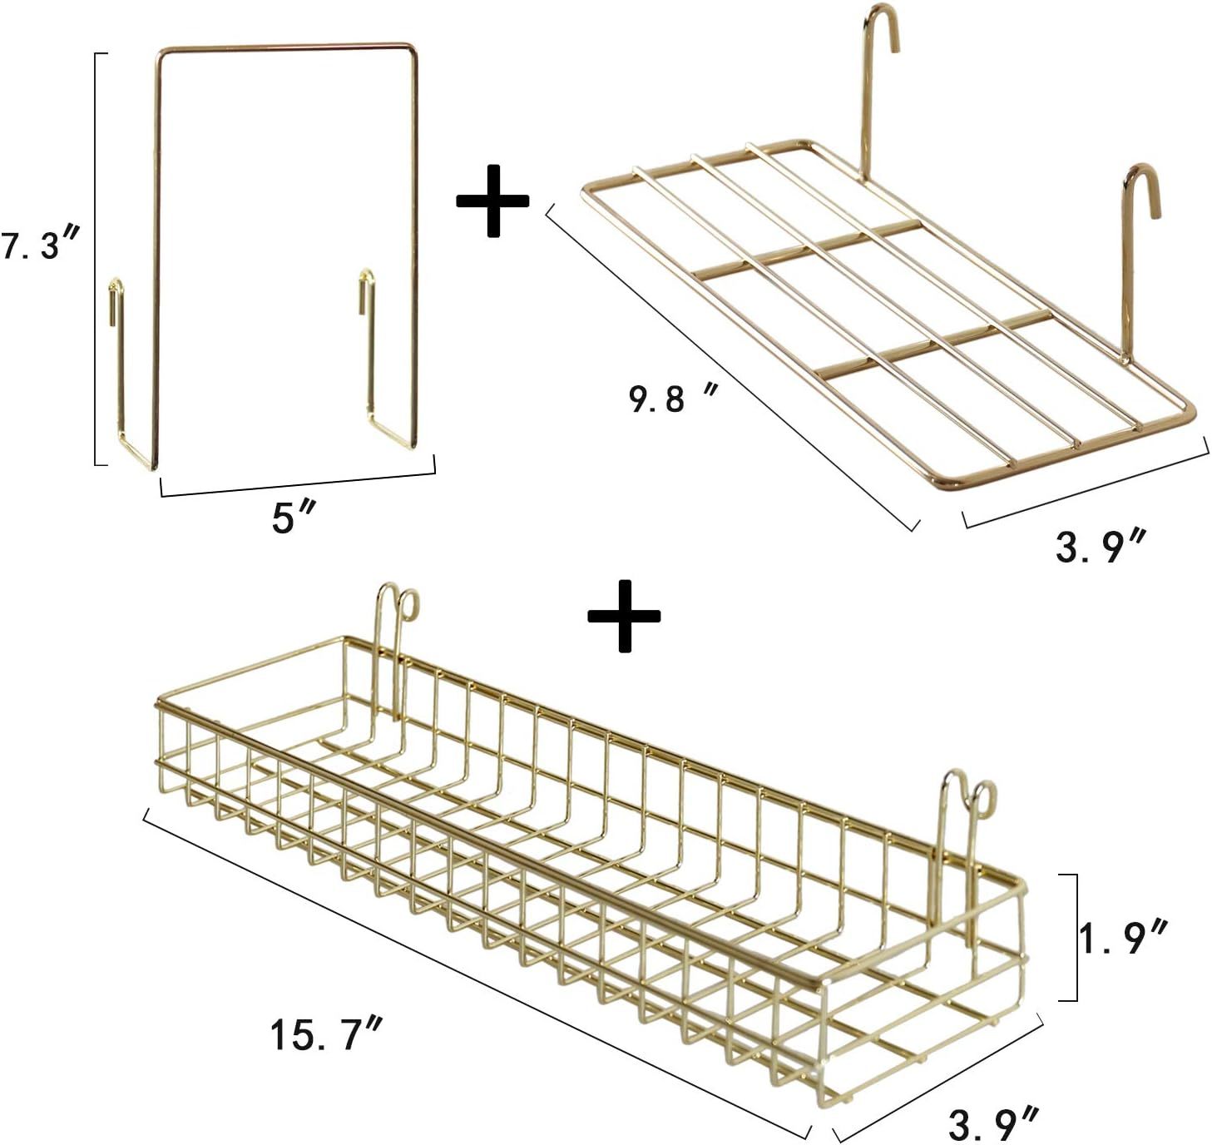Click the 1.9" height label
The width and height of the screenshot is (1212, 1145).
pyautogui.click(x=1124, y=939)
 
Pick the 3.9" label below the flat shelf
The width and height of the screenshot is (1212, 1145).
pyautogui.click(x=1099, y=547)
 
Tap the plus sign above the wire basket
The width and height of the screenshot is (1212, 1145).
pyautogui.click(x=624, y=615)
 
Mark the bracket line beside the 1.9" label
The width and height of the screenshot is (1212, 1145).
pyautogui.click(x=1076, y=937)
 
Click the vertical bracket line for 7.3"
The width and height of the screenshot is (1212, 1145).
pyautogui.click(x=95, y=259)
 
